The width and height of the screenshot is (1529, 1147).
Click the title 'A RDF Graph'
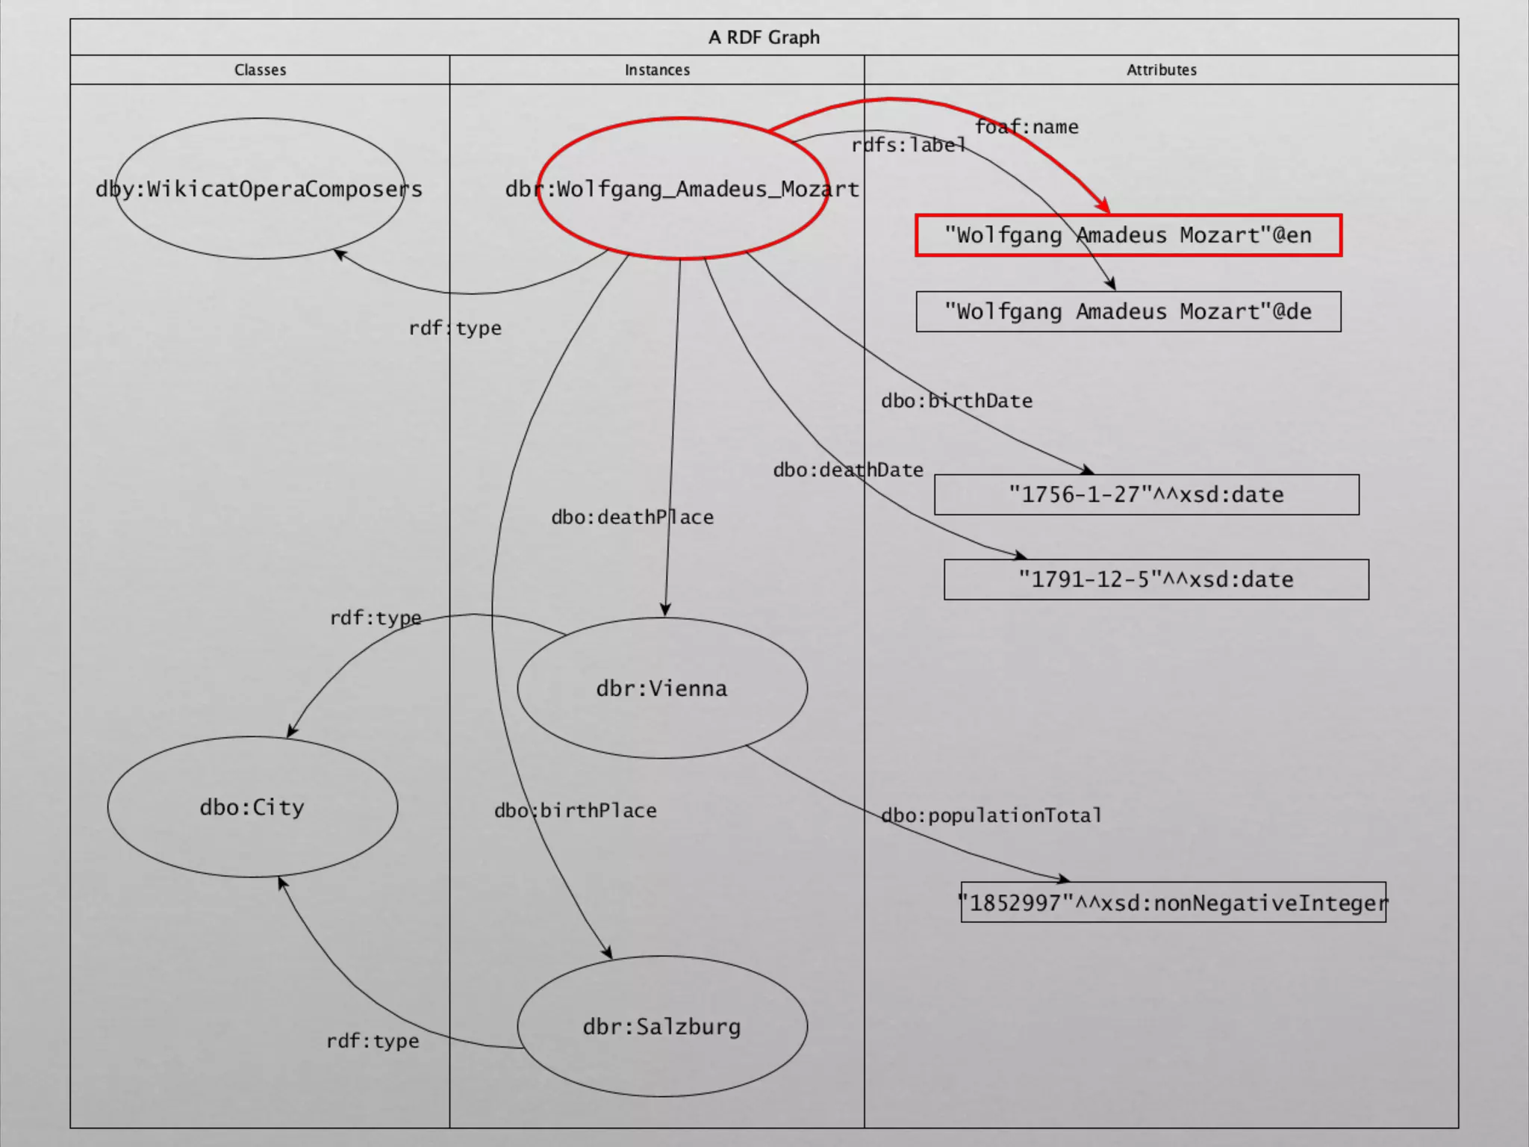click(764, 37)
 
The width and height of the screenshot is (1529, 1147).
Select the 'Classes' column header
click(260, 69)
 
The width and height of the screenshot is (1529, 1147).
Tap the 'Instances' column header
click(657, 69)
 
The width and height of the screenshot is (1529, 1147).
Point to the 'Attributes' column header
click(1161, 69)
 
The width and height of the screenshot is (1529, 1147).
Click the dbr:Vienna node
click(661, 688)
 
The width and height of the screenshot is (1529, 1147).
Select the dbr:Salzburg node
click(661, 1027)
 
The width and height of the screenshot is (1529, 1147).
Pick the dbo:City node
click(252, 807)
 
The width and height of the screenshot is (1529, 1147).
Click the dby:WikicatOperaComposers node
click(259, 189)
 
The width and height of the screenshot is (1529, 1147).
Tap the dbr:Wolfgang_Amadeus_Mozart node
click(682, 189)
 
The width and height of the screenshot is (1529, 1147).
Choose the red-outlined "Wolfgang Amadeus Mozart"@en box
click(1128, 235)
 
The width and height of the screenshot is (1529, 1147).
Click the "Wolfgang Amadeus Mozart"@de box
click(1128, 311)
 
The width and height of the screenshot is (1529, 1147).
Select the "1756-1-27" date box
click(1146, 494)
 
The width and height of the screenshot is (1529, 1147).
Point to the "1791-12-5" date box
click(1156, 579)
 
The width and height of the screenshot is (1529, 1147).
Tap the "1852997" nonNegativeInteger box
click(1173, 903)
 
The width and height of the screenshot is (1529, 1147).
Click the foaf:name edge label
click(1027, 127)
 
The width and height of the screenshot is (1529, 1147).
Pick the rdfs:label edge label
click(909, 145)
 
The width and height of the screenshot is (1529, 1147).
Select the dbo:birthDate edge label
click(956, 401)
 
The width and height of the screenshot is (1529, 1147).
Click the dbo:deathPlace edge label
click(632, 517)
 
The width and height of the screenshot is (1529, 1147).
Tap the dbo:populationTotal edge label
click(991, 815)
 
